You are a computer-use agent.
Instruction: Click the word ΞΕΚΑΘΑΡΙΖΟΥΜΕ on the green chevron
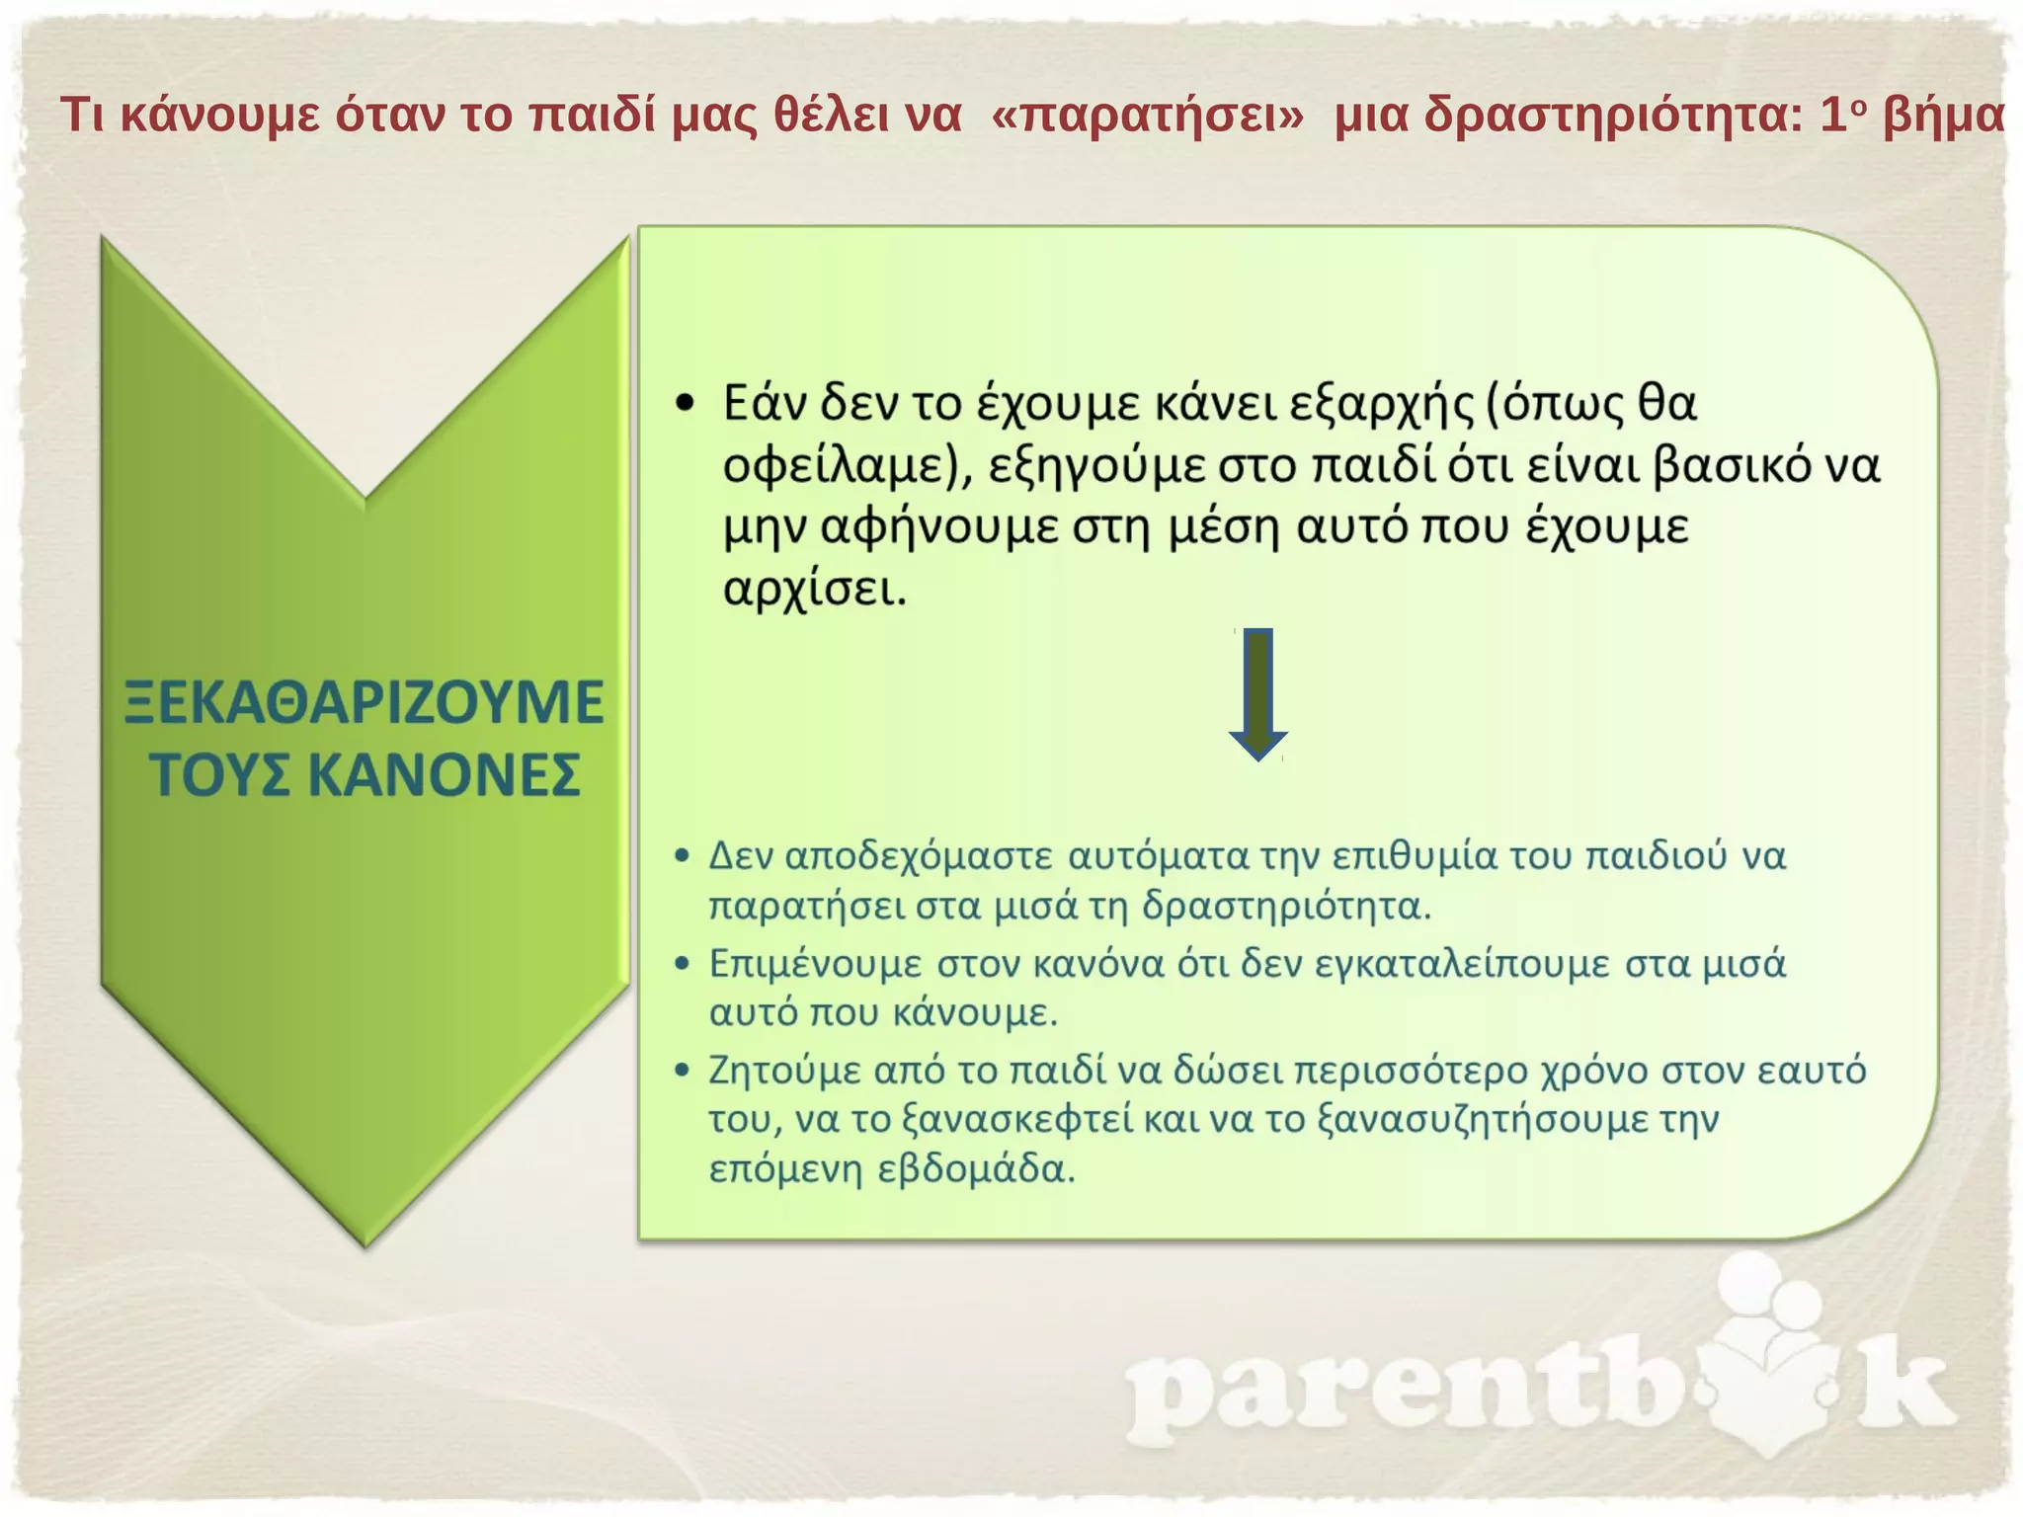[x=364, y=703]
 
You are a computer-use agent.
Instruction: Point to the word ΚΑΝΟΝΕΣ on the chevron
[x=444, y=775]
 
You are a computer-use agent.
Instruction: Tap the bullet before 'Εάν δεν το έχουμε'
[x=686, y=404]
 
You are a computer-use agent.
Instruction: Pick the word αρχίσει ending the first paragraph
[x=814, y=591]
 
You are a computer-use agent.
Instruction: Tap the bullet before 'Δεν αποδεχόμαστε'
[x=682, y=855]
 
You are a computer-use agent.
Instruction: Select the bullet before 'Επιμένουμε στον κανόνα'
[x=682, y=963]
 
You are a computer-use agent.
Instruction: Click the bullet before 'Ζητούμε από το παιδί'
[x=682, y=1071]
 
